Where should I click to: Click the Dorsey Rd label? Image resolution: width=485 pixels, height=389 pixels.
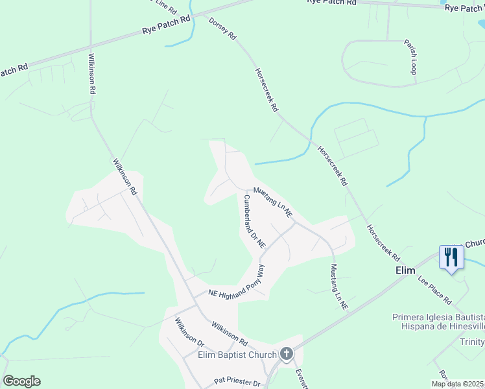(222, 30)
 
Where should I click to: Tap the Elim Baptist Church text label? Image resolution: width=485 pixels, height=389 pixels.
(237, 354)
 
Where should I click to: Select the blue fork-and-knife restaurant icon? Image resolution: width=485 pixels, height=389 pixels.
(450, 257)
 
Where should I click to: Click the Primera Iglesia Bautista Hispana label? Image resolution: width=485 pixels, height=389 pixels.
(438, 322)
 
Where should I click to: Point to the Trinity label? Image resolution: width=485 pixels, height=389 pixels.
(472, 342)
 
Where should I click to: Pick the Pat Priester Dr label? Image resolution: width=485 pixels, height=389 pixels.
(237, 383)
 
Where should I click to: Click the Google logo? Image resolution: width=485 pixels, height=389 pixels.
(21, 381)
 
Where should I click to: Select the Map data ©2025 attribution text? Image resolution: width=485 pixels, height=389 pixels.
(458, 384)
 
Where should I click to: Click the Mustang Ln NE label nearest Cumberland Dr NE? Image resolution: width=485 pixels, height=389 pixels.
(273, 202)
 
